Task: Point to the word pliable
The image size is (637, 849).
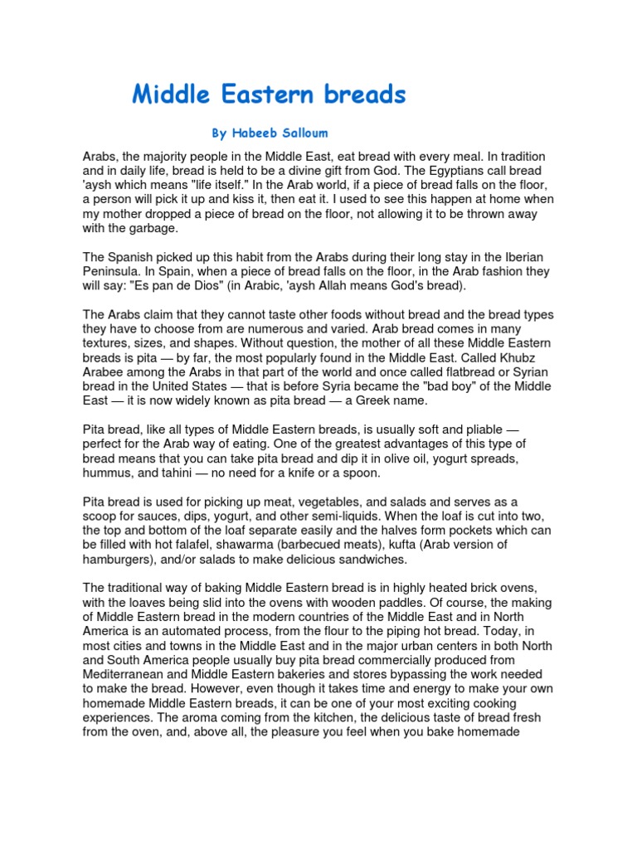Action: click(x=481, y=430)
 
